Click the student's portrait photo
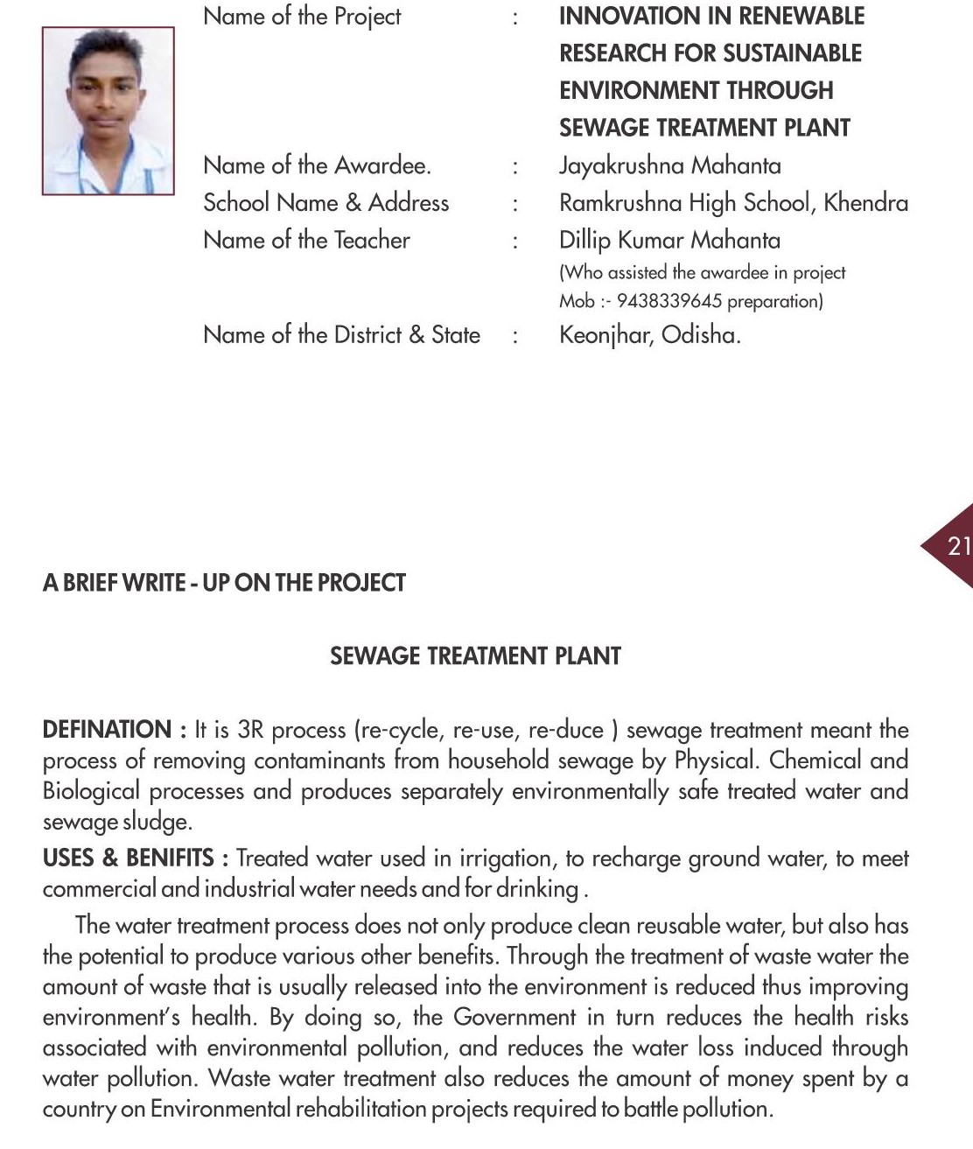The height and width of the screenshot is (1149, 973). pyautogui.click(x=108, y=110)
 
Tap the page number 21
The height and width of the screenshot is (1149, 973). pyautogui.click(x=958, y=546)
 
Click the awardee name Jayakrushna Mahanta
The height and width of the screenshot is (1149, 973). pyautogui.click(x=669, y=165)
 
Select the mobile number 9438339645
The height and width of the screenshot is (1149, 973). pyautogui.click(x=669, y=301)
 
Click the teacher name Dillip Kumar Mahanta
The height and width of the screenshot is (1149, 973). pyautogui.click(x=669, y=240)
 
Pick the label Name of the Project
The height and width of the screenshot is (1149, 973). pyautogui.click(x=302, y=16)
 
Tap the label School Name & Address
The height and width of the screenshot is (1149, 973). pyautogui.click(x=325, y=202)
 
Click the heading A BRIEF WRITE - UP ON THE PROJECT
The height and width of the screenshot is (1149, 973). pyautogui.click(x=224, y=583)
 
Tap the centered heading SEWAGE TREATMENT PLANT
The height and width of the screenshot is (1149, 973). pyautogui.click(x=475, y=656)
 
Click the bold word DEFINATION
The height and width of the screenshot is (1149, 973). pyautogui.click(x=107, y=729)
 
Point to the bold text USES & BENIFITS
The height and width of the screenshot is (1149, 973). pyautogui.click(x=128, y=858)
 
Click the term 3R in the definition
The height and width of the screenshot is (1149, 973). pyautogui.click(x=250, y=730)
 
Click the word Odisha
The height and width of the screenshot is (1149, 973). pyautogui.click(x=700, y=335)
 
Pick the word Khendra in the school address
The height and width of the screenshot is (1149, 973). pyautogui.click(x=865, y=202)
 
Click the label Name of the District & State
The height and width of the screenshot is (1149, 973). pyautogui.click(x=341, y=335)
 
